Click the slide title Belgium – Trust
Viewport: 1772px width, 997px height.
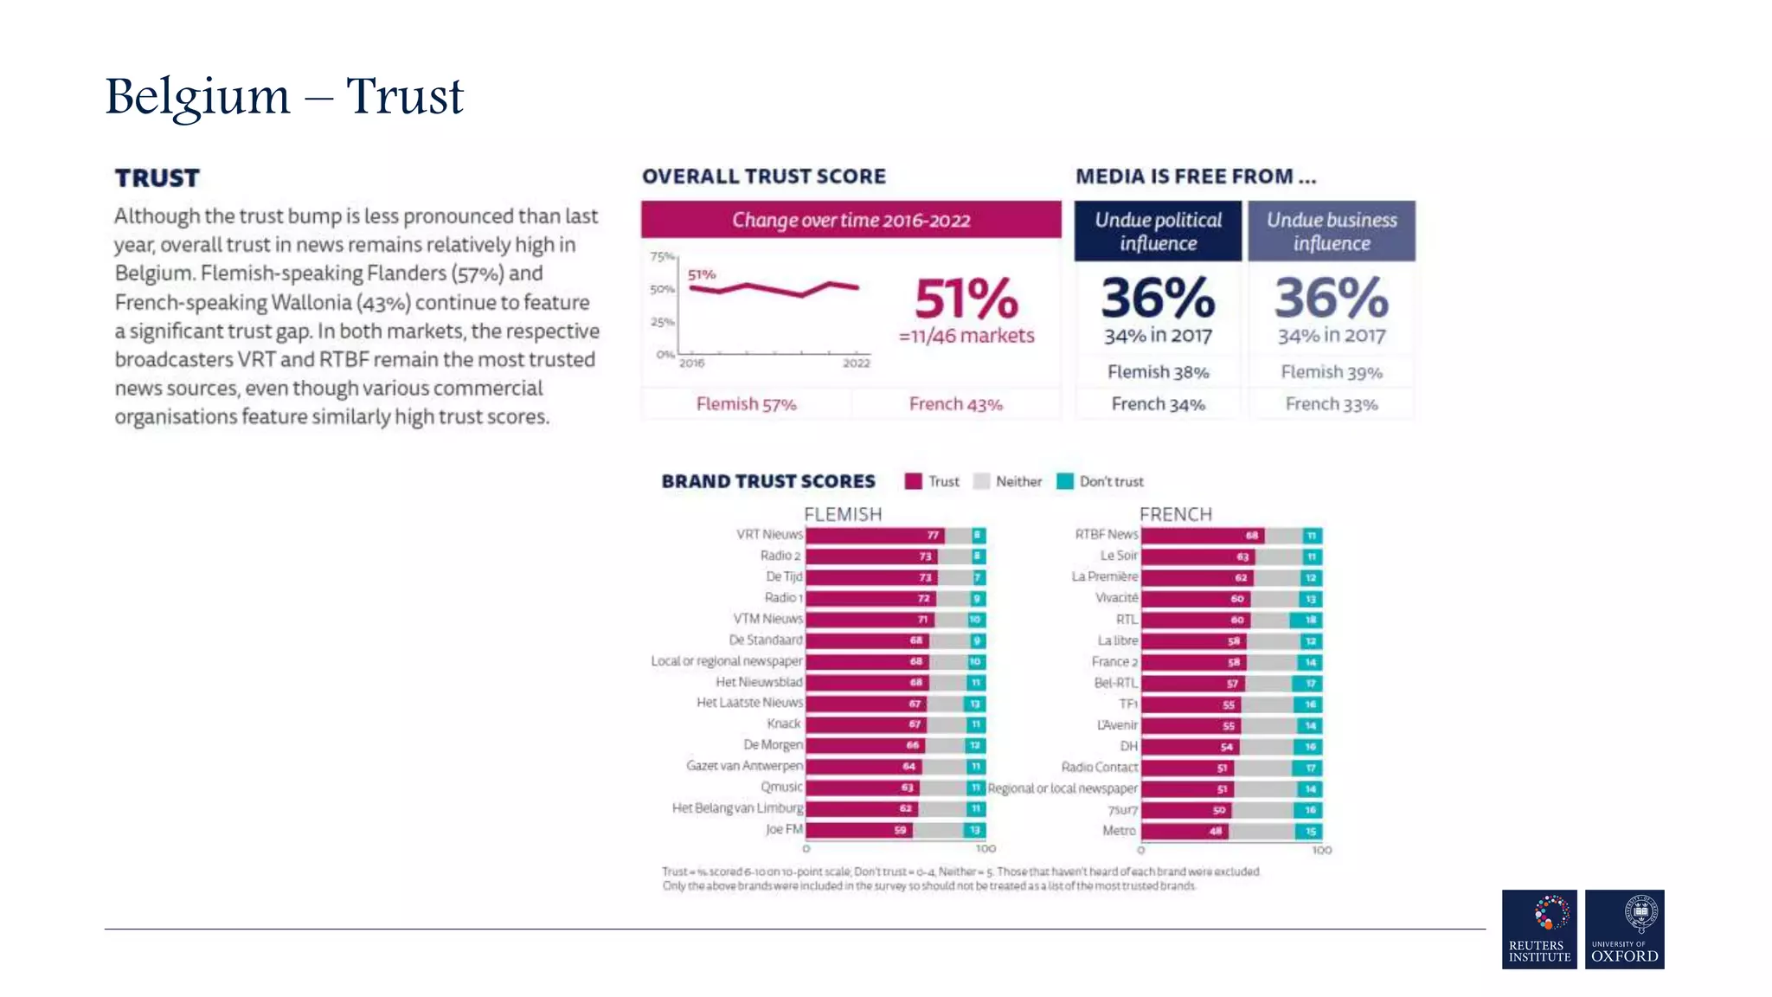point(284,97)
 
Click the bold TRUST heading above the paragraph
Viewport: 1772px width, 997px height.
point(157,178)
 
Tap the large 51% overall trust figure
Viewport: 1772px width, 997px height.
point(966,299)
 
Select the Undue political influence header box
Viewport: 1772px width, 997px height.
point(1158,231)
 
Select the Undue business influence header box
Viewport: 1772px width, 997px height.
point(1331,231)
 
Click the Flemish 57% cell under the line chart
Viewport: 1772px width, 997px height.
point(746,404)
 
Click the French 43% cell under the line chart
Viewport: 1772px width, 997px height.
point(955,404)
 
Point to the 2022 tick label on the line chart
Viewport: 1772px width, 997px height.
point(856,363)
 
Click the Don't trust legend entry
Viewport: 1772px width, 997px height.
point(1101,481)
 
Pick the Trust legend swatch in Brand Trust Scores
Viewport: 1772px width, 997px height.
point(913,481)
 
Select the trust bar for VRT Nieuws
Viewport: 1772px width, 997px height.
point(874,535)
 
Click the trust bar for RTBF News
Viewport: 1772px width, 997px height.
point(1201,535)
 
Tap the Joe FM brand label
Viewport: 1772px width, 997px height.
point(784,829)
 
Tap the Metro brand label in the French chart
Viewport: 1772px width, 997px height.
point(1119,830)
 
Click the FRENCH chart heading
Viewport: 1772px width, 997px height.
point(1175,514)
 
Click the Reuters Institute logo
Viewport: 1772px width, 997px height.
point(1539,929)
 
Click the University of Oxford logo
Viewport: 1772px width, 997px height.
point(1624,929)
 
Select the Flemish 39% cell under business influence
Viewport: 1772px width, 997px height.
point(1331,372)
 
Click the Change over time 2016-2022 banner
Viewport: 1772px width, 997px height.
point(851,220)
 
